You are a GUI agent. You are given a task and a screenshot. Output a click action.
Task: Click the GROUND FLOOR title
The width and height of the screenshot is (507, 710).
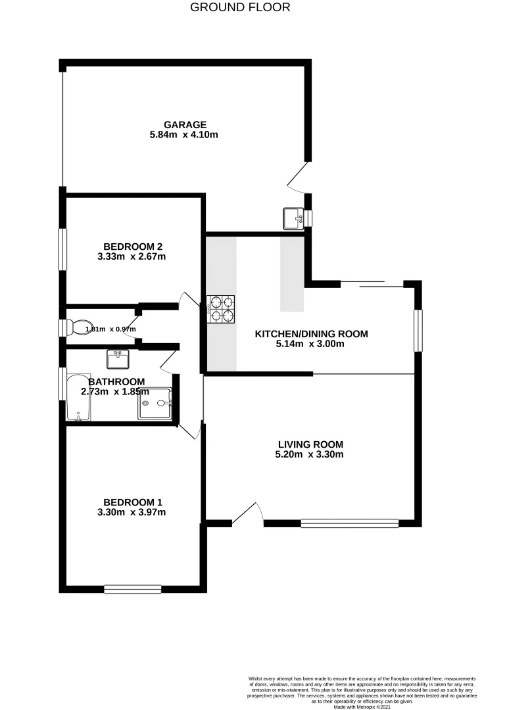pyautogui.click(x=240, y=8)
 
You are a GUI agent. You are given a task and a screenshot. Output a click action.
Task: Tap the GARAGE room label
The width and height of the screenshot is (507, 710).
pyautogui.click(x=185, y=124)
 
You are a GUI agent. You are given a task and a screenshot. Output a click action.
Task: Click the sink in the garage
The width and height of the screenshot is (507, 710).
pyautogui.click(x=293, y=218)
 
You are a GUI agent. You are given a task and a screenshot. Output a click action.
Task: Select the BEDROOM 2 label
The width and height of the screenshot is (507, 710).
pyautogui.click(x=130, y=246)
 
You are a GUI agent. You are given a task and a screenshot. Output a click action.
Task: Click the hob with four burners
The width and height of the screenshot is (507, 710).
pyautogui.click(x=221, y=309)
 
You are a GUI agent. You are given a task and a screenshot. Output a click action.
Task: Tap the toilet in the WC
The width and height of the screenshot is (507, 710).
pyautogui.click(x=79, y=327)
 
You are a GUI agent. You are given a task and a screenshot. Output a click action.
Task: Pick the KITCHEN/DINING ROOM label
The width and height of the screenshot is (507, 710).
pyautogui.click(x=311, y=334)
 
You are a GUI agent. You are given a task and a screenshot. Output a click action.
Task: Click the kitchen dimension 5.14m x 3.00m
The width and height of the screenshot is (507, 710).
pyautogui.click(x=311, y=344)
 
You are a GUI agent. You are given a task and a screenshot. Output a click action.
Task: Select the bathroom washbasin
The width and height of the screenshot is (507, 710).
pyautogui.click(x=119, y=360)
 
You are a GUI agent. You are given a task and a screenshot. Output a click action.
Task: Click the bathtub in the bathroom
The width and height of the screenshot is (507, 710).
pyautogui.click(x=78, y=398)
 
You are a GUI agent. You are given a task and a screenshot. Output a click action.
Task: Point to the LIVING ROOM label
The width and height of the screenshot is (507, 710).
pyautogui.click(x=310, y=444)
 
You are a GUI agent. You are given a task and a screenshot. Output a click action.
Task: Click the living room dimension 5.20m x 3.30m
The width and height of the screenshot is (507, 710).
pyautogui.click(x=310, y=454)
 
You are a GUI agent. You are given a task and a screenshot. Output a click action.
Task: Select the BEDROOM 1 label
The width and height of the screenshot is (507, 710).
pyautogui.click(x=130, y=501)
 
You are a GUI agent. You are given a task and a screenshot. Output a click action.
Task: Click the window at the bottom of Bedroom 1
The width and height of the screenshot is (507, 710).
pyautogui.click(x=132, y=588)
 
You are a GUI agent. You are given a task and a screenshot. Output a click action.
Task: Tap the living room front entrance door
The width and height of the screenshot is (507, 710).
pyautogui.click(x=245, y=515)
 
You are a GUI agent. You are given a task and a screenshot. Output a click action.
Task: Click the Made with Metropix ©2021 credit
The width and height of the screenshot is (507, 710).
pyautogui.click(x=361, y=707)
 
